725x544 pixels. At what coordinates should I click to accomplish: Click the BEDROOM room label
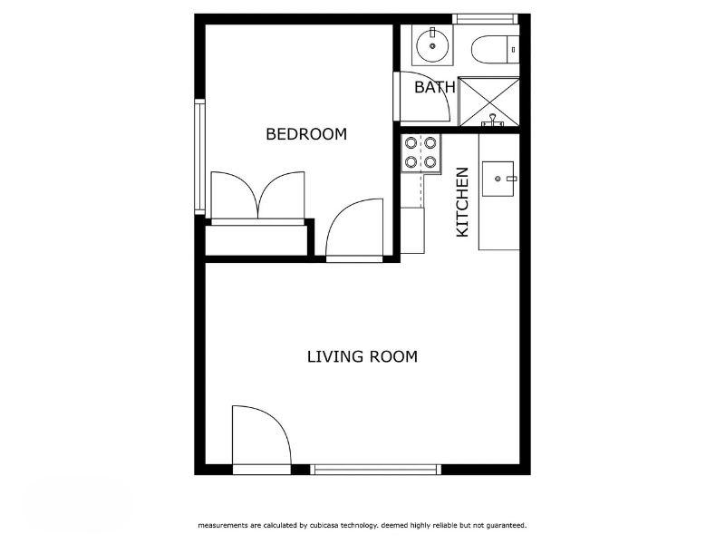306,134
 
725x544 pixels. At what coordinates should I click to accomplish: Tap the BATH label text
435,87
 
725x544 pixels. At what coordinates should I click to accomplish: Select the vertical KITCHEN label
462,202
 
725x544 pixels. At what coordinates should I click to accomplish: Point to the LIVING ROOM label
362,356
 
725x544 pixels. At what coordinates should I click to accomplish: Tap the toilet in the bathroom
495,50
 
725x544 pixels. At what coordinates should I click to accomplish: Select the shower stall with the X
488,102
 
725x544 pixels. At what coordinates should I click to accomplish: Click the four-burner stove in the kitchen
420,153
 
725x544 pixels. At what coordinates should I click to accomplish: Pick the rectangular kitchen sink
498,179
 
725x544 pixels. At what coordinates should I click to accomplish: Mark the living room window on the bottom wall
375,470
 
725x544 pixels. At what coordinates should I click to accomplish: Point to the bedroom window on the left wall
199,157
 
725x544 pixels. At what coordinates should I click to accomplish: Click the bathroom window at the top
485,19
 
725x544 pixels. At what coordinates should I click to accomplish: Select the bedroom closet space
256,240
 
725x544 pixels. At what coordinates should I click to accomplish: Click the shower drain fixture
493,121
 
